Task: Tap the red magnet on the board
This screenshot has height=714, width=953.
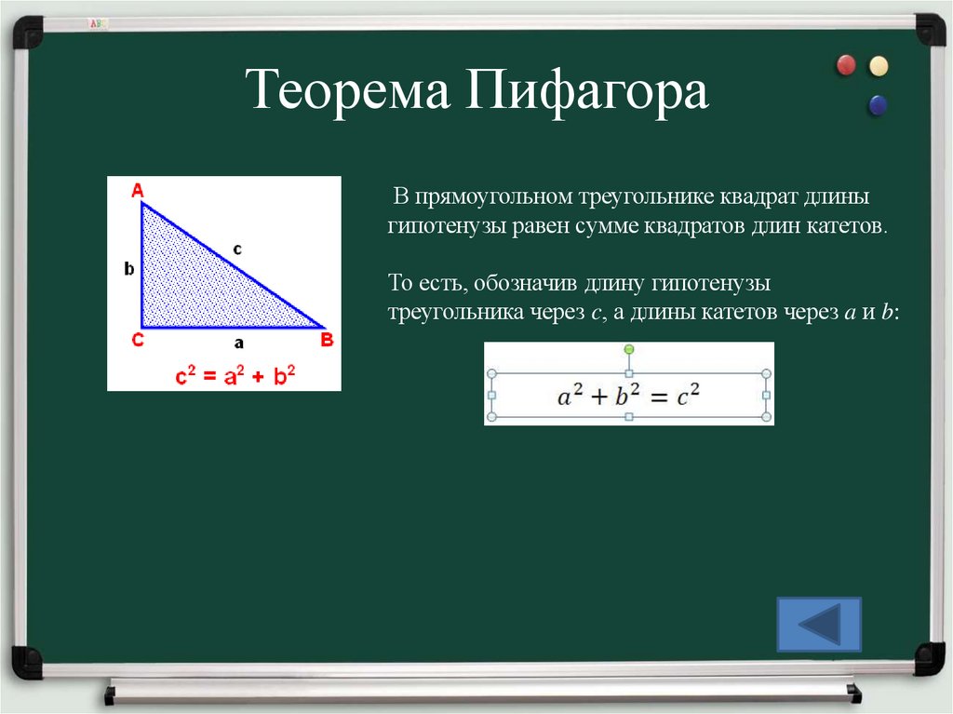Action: coord(846,65)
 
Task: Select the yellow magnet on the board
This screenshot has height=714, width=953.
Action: coord(878,66)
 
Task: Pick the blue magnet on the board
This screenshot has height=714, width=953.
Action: coord(877,105)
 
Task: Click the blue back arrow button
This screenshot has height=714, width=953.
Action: coord(819,624)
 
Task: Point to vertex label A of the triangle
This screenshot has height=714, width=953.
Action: coord(137,191)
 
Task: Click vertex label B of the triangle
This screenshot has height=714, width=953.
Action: coord(327,340)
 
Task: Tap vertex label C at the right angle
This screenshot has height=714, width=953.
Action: coord(137,340)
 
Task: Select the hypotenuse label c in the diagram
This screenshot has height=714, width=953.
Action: coord(237,249)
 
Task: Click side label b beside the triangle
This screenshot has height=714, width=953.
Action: coord(129,269)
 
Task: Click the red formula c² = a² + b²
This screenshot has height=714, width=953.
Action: coord(236,377)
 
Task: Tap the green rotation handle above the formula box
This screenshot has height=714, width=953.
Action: coord(629,349)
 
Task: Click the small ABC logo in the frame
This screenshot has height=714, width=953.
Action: coord(96,21)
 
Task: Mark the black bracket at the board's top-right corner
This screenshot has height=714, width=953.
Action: coord(928,29)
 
